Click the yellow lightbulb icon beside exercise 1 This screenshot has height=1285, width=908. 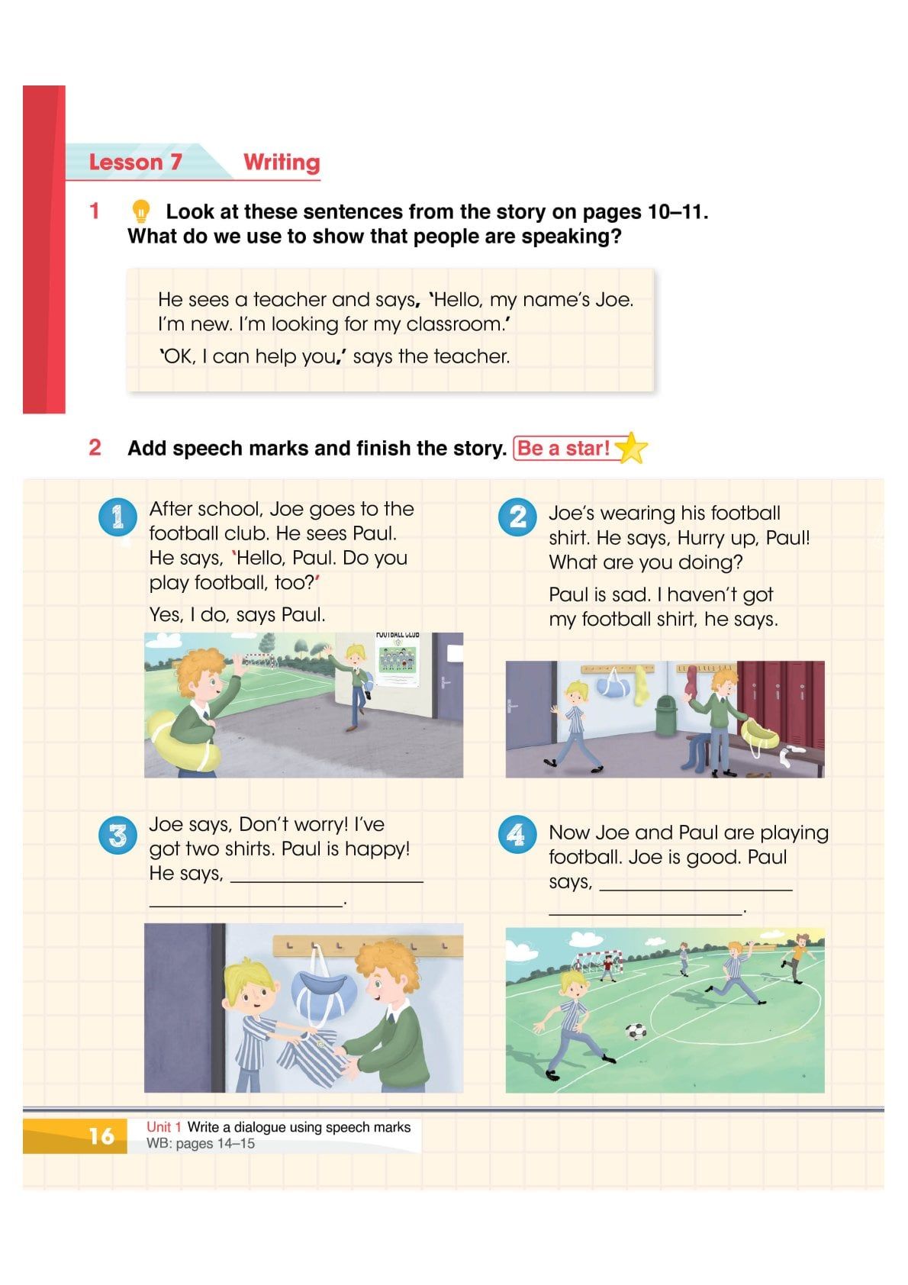coord(140,211)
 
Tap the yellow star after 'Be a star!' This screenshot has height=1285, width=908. coord(631,448)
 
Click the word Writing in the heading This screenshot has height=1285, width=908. coord(282,163)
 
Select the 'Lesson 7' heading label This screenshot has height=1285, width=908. coord(135,163)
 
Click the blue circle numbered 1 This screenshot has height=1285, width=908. coord(118,517)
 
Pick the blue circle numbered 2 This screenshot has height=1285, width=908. coord(517,517)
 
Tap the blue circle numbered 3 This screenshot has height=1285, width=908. coord(118,836)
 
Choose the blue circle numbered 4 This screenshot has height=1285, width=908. coord(517,836)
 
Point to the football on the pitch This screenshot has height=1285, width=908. coord(636,1032)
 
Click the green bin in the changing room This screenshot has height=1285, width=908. coord(667,716)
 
